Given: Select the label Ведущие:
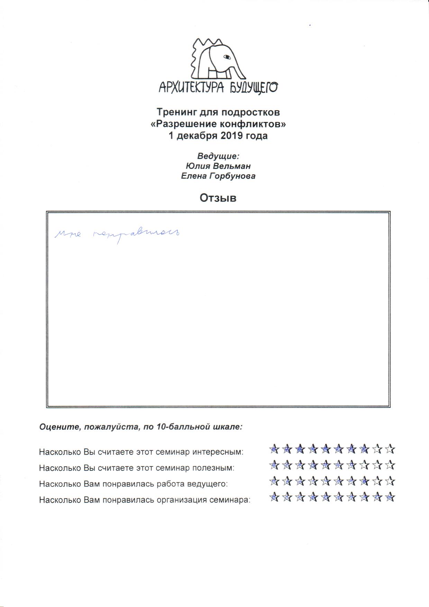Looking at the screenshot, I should pos(218,156).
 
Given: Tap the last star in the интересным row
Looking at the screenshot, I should pos(390,449).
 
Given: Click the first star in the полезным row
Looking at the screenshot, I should pos(274,465).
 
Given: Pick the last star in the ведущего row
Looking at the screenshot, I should pos(390,481).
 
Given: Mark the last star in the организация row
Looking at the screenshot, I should pos(390,497).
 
